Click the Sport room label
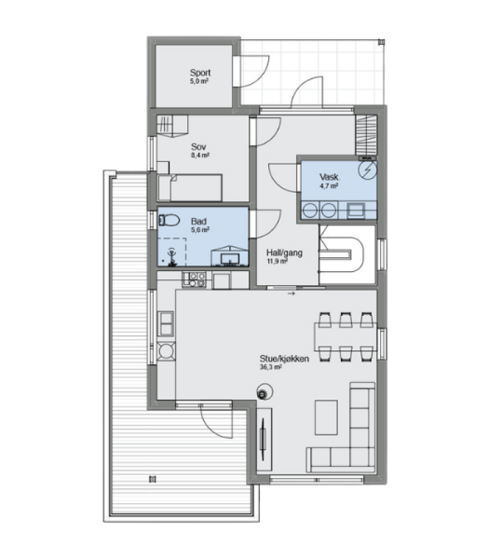200,73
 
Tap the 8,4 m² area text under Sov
200,155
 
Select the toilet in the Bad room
168,220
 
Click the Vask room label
329,177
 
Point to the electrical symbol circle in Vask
367,170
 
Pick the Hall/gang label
284,253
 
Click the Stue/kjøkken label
284,358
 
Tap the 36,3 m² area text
271,367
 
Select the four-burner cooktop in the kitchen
194,279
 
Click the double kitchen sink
166,324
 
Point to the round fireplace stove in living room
264,393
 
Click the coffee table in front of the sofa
326,417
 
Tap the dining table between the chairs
345,337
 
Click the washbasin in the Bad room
229,256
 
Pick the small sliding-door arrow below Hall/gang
291,294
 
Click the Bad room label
198,222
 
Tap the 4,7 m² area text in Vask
329,186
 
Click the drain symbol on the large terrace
152,479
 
